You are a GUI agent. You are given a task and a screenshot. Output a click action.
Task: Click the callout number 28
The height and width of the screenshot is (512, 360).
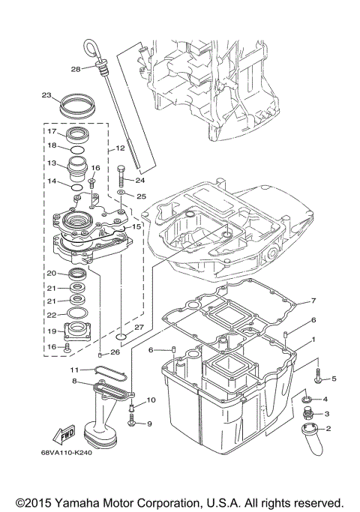[x=75, y=69]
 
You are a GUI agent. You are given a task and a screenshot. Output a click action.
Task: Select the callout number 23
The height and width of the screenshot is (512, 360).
[x=46, y=95]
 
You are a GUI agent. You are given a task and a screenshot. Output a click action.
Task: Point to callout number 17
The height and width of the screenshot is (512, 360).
[x=52, y=131]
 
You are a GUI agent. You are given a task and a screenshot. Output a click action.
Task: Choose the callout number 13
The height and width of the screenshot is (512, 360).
[x=52, y=163]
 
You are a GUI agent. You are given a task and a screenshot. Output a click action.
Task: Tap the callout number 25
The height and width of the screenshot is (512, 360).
[x=139, y=196]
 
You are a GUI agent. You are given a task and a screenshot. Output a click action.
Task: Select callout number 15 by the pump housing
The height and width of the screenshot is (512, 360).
[x=136, y=226]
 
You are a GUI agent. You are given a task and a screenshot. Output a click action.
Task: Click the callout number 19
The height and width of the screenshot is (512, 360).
[x=52, y=330]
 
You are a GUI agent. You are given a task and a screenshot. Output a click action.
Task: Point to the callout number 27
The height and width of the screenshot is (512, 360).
[x=139, y=327]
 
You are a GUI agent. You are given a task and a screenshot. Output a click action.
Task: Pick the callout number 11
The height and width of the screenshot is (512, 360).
[x=74, y=370]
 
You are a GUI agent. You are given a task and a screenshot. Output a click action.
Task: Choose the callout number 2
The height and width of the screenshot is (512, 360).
[x=327, y=428]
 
